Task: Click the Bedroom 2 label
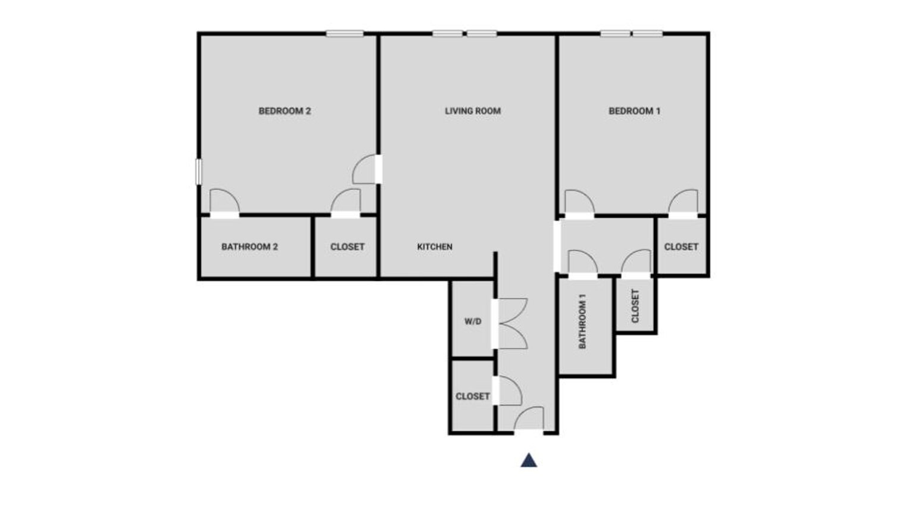[285, 111]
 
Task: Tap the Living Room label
[473, 111]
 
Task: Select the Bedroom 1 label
[634, 111]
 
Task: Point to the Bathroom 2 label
[249, 246]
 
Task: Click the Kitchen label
[435, 246]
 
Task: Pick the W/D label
[473, 321]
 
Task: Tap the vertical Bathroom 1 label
[582, 321]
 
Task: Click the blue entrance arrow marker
[529, 460]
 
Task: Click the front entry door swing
[529, 419]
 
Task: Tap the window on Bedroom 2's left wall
[198, 171]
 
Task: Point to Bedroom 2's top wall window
[344, 34]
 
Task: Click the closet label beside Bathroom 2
[347, 246]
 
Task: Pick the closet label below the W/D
[472, 396]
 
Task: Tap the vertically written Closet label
[635, 306]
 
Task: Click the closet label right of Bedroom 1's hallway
[681, 246]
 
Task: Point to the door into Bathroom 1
[582, 263]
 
